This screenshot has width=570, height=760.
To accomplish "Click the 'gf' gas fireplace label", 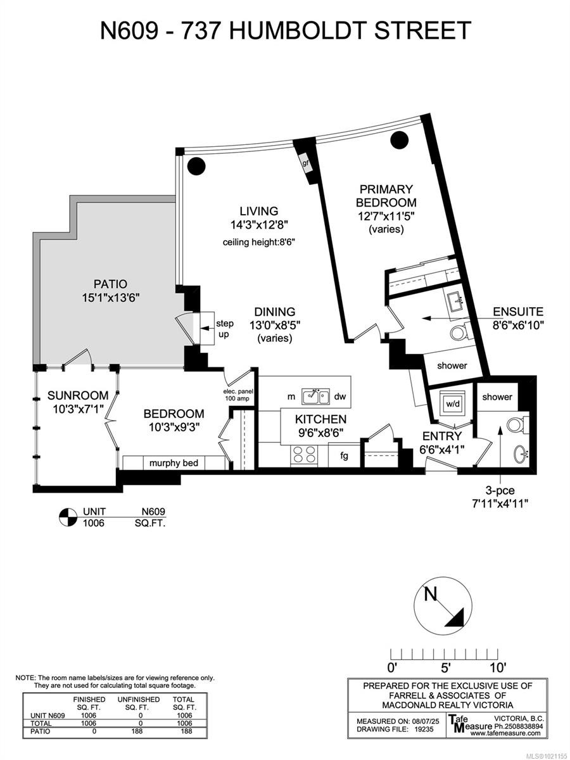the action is (x=305, y=163).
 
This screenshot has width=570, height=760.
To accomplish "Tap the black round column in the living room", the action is (x=196, y=165).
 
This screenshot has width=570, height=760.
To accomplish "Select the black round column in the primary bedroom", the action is (x=400, y=140).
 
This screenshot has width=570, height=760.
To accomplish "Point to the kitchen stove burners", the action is (x=305, y=454).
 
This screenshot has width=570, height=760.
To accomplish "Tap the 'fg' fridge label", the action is (x=344, y=456).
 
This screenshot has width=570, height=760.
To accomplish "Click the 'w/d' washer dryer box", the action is (x=453, y=404).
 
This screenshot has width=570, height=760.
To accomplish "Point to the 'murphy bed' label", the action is (x=174, y=463).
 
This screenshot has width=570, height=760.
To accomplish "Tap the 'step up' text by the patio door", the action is (x=225, y=329).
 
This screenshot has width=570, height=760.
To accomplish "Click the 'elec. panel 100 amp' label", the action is (x=238, y=395).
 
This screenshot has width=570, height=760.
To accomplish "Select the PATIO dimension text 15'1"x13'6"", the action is (x=110, y=298).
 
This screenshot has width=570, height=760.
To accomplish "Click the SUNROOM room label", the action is (x=78, y=395).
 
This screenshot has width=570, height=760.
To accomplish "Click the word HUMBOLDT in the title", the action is (x=296, y=30).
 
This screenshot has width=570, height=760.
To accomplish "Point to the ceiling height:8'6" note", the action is (x=258, y=243).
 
